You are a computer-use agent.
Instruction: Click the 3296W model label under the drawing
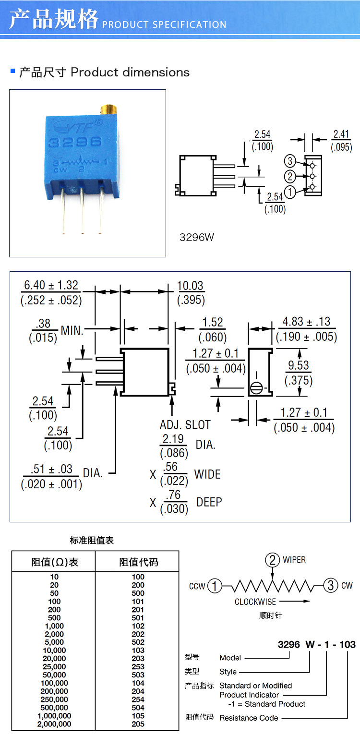point(197,237)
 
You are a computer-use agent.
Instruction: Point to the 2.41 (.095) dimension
point(341,141)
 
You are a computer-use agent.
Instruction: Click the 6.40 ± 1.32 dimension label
point(51,292)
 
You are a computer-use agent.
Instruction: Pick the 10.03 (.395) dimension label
point(191,292)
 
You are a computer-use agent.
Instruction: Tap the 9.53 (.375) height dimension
point(299,373)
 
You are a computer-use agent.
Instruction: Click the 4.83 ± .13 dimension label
point(306,329)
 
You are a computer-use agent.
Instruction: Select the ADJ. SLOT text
point(185,425)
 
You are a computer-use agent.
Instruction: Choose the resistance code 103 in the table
point(138,651)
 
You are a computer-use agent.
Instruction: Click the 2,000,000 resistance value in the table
point(54,724)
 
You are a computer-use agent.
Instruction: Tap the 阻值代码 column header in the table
point(138,562)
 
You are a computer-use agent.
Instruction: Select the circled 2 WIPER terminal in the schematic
point(273,560)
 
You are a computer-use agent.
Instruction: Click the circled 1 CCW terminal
point(215,586)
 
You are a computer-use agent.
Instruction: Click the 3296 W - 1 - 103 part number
point(317,644)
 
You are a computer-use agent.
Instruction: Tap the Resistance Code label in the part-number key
point(249,718)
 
